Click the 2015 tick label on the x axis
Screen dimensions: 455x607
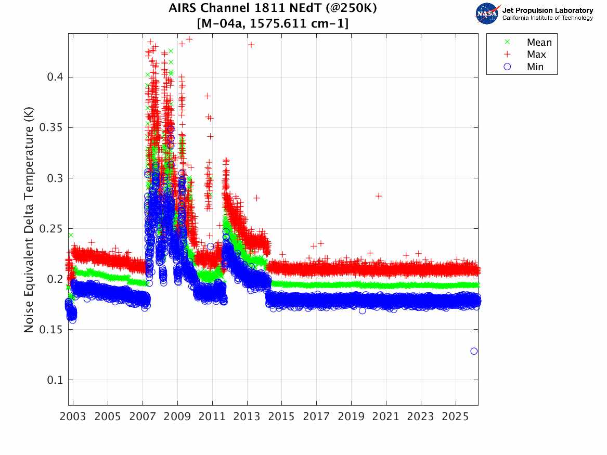pyautogui.click(x=281, y=417)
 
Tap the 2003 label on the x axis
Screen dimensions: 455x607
pyautogui.click(x=73, y=417)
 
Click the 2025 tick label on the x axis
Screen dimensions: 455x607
pyautogui.click(x=456, y=417)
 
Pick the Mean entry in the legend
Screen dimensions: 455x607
pyautogui.click(x=539, y=43)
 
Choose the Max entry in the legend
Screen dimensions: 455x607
pyautogui.click(x=536, y=55)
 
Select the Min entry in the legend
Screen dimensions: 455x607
pyautogui.click(x=535, y=67)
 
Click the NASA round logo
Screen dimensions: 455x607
pyautogui.click(x=487, y=14)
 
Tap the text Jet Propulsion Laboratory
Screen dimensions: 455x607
pyautogui.click(x=547, y=10)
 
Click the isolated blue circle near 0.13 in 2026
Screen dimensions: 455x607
pyautogui.click(x=474, y=351)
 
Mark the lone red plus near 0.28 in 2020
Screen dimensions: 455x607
pyautogui.click(x=379, y=196)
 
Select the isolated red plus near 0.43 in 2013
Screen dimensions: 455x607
pyautogui.click(x=251, y=45)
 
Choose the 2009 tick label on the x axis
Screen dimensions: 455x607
pyautogui.click(x=177, y=417)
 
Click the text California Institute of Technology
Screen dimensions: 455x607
pyautogui.click(x=547, y=18)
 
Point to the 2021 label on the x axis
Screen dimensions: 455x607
pyautogui.click(x=386, y=417)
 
